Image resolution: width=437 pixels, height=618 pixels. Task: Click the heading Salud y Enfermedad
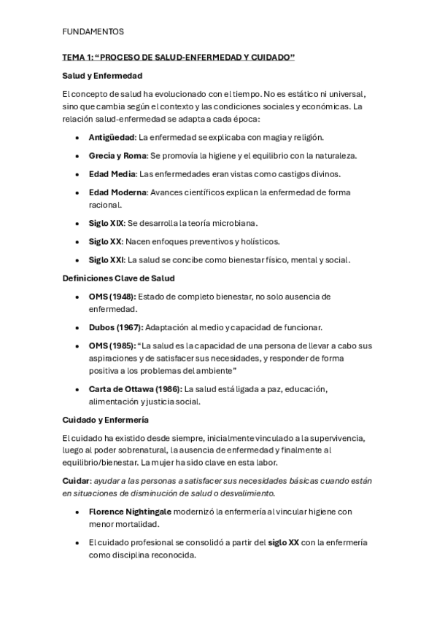(102, 75)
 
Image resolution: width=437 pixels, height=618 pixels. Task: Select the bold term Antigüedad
(112, 137)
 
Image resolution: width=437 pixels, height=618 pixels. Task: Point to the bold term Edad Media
(112, 174)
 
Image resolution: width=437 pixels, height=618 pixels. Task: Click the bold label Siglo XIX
(105, 223)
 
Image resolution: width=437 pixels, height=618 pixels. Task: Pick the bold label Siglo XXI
(106, 259)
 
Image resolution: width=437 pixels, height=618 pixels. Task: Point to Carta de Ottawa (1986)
(135, 388)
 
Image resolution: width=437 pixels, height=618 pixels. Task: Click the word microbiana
(233, 223)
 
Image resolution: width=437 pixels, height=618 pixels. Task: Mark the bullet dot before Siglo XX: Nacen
(77, 241)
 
